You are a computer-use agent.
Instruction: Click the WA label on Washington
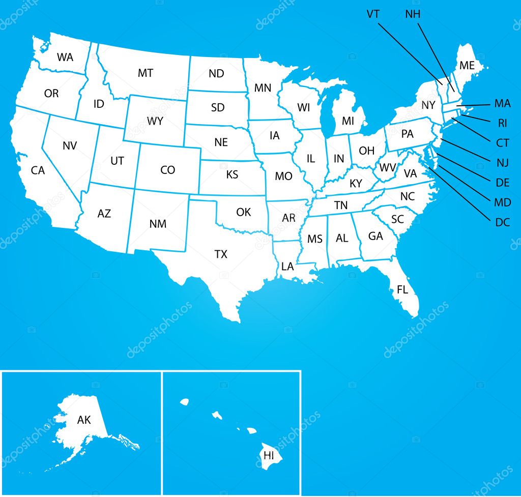(x=65, y=57)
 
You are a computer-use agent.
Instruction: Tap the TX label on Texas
(x=221, y=254)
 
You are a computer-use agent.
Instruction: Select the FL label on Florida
(x=402, y=290)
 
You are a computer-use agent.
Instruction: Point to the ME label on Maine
(x=467, y=66)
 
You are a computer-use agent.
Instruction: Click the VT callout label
(x=373, y=14)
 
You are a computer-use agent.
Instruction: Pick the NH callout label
(x=413, y=14)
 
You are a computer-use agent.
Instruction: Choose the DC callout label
(x=502, y=222)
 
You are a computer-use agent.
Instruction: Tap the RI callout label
(x=503, y=123)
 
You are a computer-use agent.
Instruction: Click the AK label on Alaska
(x=84, y=420)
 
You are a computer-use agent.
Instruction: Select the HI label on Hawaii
(x=269, y=455)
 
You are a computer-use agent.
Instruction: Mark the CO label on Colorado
(x=167, y=170)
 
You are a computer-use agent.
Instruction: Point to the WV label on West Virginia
(x=388, y=167)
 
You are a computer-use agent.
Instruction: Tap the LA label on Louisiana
(x=287, y=267)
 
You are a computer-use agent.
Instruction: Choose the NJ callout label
(x=503, y=163)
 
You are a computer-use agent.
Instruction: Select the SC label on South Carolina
(x=397, y=219)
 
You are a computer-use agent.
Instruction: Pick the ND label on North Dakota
(x=216, y=74)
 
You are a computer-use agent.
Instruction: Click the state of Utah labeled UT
(x=117, y=161)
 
